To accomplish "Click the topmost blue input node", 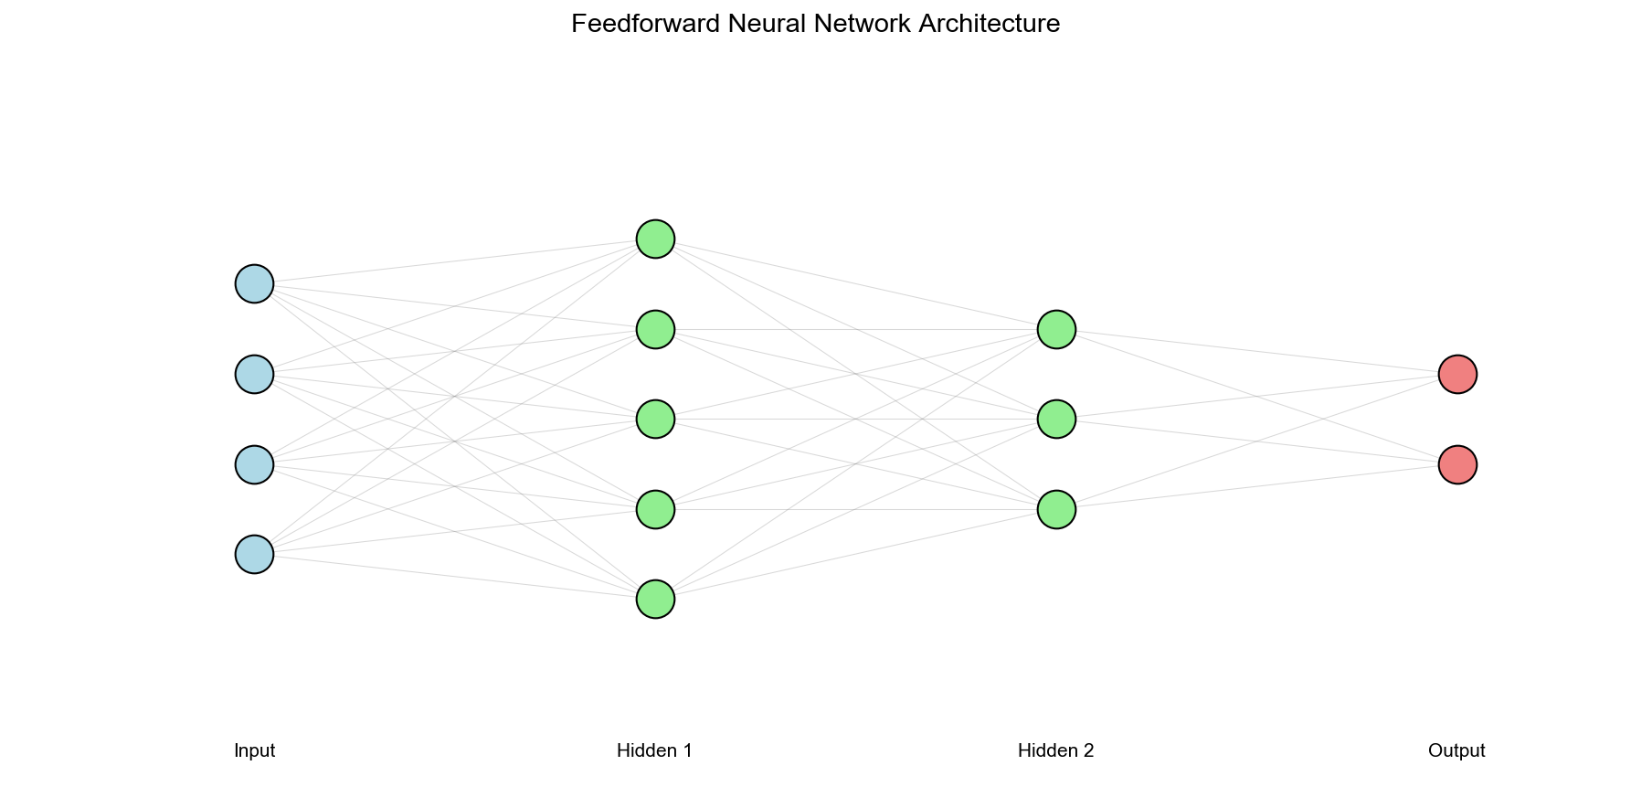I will coord(254,283).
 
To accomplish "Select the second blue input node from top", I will coord(254,374).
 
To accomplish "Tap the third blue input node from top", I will coord(254,464).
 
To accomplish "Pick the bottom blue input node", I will coord(254,554).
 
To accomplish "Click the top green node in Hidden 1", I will coord(655,239).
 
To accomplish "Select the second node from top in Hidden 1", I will coord(655,329).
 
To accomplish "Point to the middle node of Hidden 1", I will coord(655,419).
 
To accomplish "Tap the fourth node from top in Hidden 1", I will coord(655,509).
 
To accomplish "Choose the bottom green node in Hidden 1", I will coord(655,599).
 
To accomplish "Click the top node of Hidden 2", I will coord(1056,329).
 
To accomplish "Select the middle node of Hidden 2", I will coord(1056,419).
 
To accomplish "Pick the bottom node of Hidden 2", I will coord(1056,509).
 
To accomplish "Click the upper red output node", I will coord(1457,374).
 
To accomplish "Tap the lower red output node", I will coord(1457,464).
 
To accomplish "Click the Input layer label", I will coord(254,751).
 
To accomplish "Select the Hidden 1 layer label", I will coord(654,751).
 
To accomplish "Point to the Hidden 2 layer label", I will coord(1055,751).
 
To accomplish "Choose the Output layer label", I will coord(1456,751).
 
